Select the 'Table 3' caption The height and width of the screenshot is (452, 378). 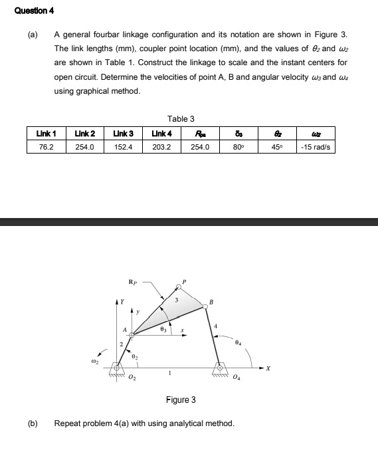(x=181, y=119)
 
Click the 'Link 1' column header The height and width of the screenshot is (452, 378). (x=46, y=134)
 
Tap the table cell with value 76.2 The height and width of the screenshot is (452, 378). (x=46, y=146)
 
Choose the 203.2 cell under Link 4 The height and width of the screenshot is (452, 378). (x=162, y=146)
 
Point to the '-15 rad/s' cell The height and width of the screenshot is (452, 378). (x=316, y=146)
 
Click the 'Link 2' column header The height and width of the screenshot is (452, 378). (x=85, y=134)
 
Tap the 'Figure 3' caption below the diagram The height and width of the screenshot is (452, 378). (x=181, y=399)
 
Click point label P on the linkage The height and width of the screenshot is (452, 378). (x=185, y=281)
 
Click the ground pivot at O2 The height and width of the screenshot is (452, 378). (x=119, y=366)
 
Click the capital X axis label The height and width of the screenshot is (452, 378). (x=269, y=367)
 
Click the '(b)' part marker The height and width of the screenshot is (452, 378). (x=32, y=423)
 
